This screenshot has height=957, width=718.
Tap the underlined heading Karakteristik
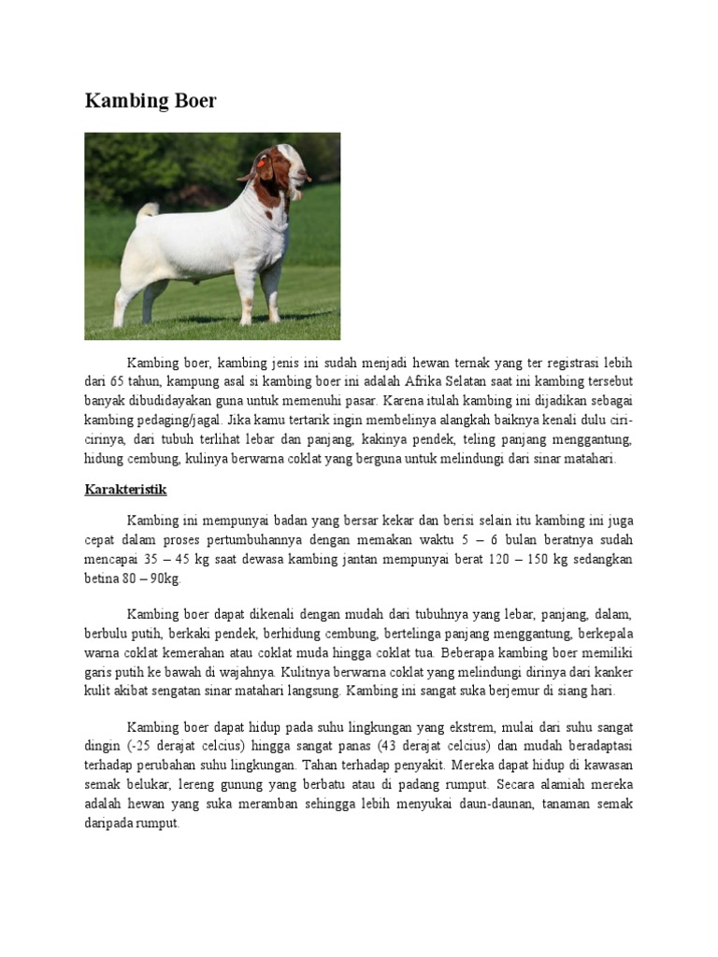coord(126,489)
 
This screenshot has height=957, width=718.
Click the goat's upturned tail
coord(146,214)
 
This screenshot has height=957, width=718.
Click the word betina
coord(104,578)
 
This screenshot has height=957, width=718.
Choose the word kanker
coord(611,672)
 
